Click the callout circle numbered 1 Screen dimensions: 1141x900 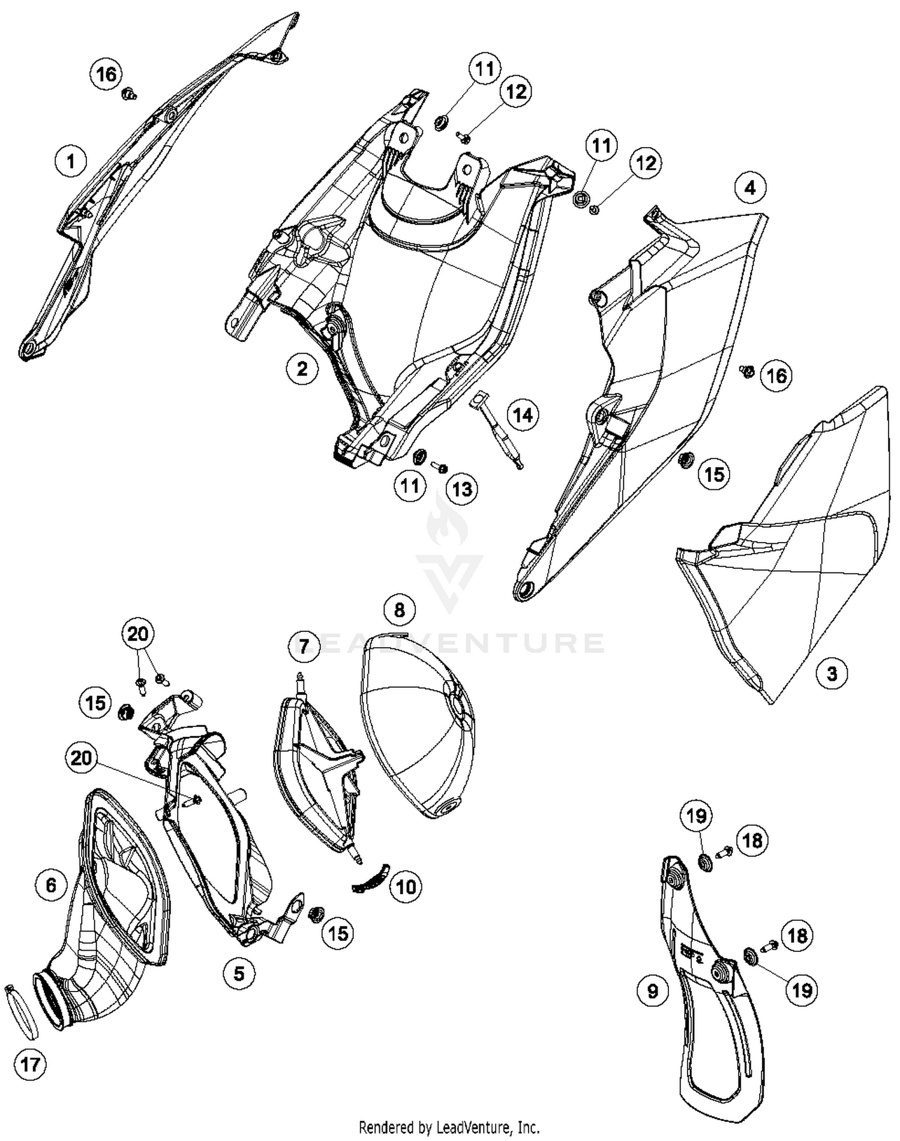pyautogui.click(x=71, y=161)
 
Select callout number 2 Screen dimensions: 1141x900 pyautogui.click(x=302, y=368)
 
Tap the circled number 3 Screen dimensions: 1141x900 pyautogui.click(x=832, y=673)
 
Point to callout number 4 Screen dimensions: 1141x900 pyautogui.click(x=750, y=188)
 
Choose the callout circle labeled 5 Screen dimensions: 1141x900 pyautogui.click(x=239, y=973)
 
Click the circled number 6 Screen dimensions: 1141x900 pyautogui.click(x=51, y=885)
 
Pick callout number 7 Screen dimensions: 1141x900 pyautogui.click(x=304, y=646)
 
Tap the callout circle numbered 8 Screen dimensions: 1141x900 pyautogui.click(x=400, y=610)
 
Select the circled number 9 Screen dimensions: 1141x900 pyautogui.click(x=653, y=991)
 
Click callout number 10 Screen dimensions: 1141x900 pyautogui.click(x=406, y=887)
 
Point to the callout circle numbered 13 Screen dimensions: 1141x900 pyautogui.click(x=462, y=489)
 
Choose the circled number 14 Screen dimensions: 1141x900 pyautogui.click(x=523, y=415)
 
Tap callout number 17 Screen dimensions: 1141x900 pyautogui.click(x=30, y=1065)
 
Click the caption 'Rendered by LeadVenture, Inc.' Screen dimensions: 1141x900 pyautogui.click(x=449, y=1127)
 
